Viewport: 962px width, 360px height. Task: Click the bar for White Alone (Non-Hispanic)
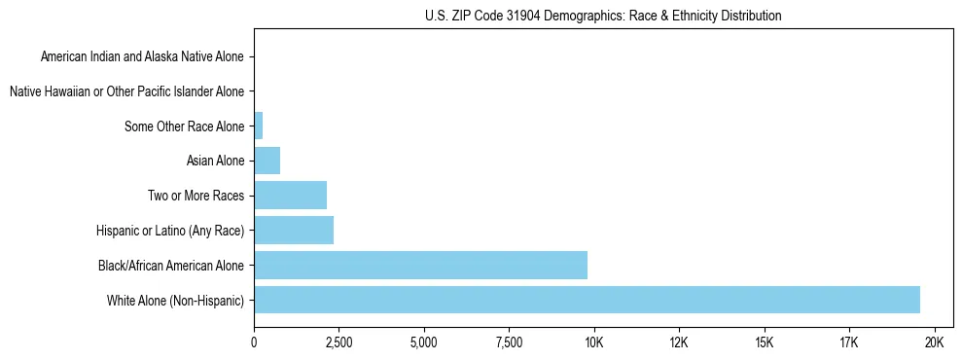pos(587,300)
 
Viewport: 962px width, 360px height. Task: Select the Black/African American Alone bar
pos(420,265)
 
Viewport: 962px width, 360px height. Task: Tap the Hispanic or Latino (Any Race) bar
pos(294,231)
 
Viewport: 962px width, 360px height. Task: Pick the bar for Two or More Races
pos(290,196)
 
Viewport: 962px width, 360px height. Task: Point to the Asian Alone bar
pos(267,161)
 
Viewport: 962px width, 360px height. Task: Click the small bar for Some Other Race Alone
pos(258,126)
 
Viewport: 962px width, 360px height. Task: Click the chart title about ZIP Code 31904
pos(603,16)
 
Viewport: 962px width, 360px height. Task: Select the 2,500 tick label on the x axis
pos(338,343)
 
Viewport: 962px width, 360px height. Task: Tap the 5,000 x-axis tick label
pos(424,343)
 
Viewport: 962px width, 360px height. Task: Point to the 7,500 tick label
pos(509,343)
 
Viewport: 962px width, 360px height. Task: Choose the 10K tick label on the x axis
pos(593,343)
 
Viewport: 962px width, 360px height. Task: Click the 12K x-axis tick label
pos(679,343)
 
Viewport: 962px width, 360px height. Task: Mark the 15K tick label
pos(764,343)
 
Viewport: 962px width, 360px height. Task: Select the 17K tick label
pos(849,343)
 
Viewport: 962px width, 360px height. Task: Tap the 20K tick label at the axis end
pos(934,343)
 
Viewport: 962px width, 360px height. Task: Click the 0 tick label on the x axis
pos(254,343)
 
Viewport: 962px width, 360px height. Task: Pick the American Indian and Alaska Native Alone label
pos(142,56)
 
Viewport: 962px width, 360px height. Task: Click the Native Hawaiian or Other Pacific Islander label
pos(126,91)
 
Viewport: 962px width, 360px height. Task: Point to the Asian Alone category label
pos(215,161)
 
